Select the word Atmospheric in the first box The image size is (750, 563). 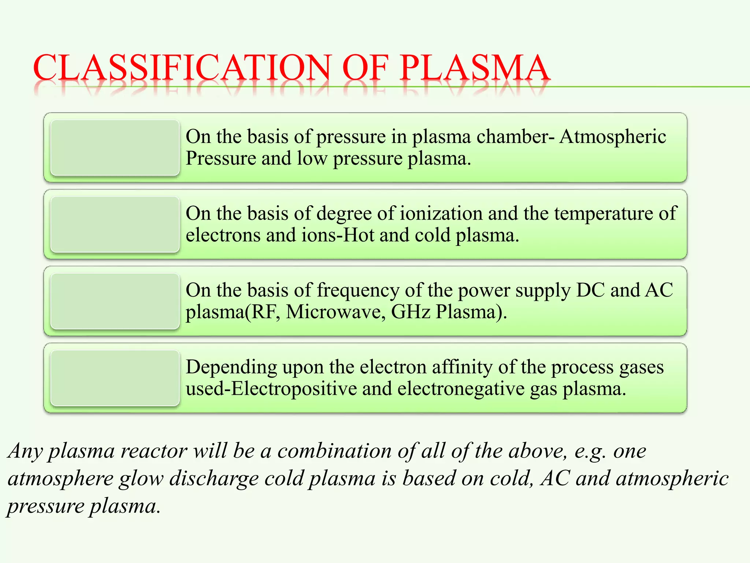(x=612, y=137)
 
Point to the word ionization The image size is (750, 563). (x=441, y=213)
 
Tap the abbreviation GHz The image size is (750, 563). (x=411, y=312)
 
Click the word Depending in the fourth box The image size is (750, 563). (x=231, y=368)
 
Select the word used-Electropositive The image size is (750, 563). (x=271, y=389)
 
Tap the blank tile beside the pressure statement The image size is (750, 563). (x=115, y=148)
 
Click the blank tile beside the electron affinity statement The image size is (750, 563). (x=115, y=378)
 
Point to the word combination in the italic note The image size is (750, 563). (x=334, y=451)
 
